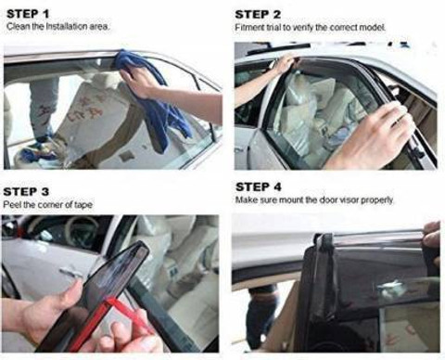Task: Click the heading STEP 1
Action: [x=28, y=14]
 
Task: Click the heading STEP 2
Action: [x=258, y=15]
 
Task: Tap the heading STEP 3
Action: [x=26, y=192]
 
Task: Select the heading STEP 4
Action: [x=259, y=187]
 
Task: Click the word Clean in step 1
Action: [x=18, y=26]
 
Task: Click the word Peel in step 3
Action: [x=12, y=205]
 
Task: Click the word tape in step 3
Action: [x=83, y=205]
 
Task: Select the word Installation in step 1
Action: [x=66, y=26]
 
